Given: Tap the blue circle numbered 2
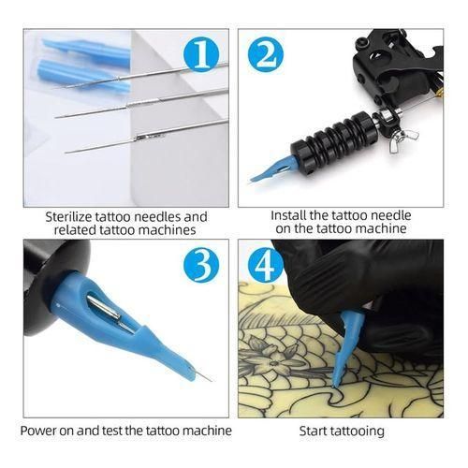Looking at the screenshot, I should (267, 54).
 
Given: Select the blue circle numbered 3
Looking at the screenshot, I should (200, 266).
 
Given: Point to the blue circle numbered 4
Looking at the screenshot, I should (266, 266).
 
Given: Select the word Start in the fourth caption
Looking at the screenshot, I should (314, 431).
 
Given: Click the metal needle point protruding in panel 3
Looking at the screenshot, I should (201, 375).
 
